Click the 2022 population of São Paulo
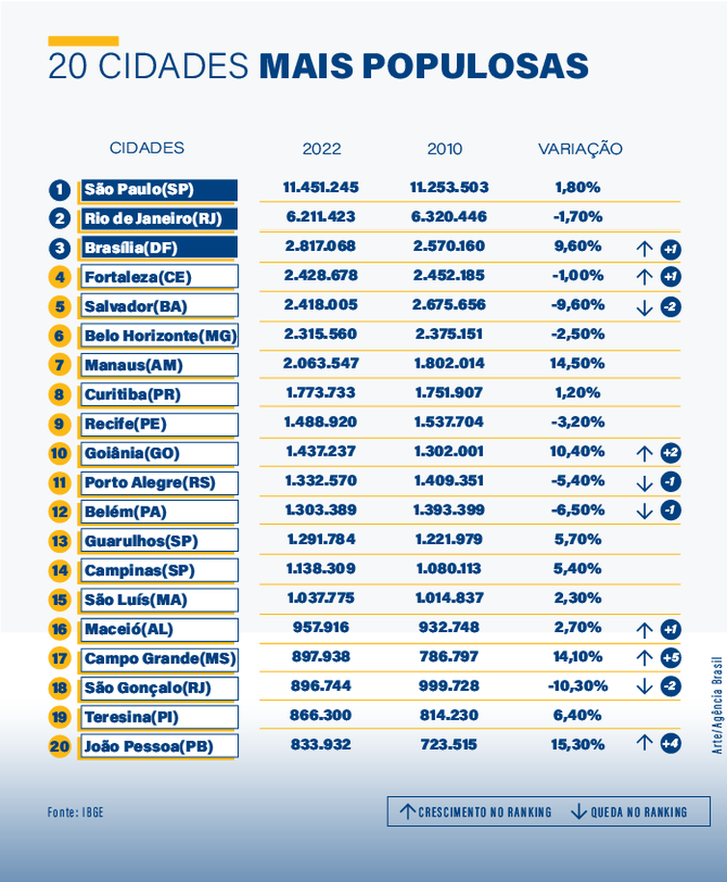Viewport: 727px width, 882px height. pos(321,187)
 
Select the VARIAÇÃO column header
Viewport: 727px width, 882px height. pos(579,149)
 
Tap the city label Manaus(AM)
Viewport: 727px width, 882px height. pos(133,366)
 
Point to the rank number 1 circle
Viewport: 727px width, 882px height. pos(60,190)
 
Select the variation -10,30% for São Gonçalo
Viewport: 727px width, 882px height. pos(579,686)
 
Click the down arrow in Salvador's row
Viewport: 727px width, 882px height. pos(645,308)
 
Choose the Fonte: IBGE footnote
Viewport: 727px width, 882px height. pos(75,813)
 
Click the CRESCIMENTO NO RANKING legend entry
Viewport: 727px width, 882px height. pos(475,812)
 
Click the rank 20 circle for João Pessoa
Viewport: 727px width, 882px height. pos(60,747)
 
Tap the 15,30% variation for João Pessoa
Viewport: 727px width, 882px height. pos(579,745)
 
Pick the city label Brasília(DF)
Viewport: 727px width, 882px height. pos(131,248)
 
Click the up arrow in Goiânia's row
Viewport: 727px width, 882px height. pos(645,454)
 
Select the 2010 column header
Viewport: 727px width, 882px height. pos(444,149)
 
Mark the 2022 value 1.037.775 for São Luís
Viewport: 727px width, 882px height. pos(321,598)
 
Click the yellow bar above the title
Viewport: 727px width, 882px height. pos(83,41)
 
